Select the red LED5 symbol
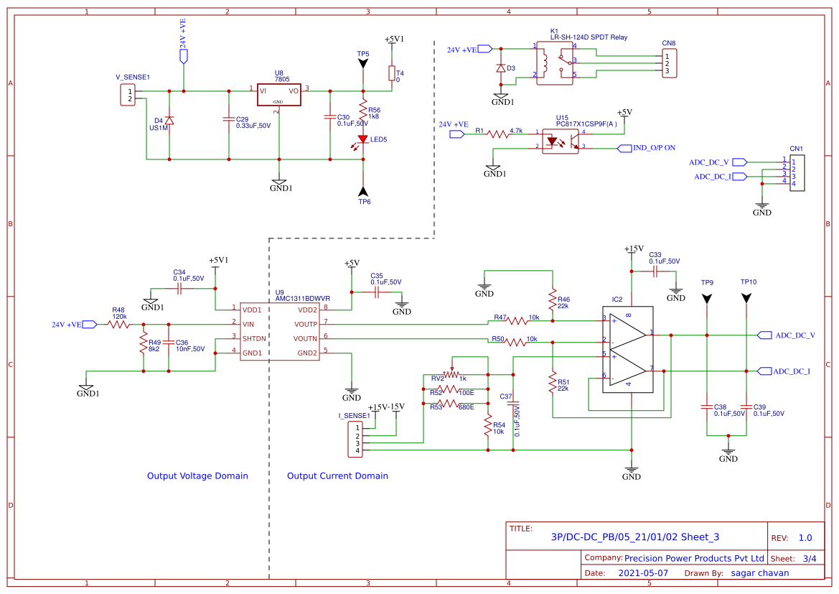tap(363, 139)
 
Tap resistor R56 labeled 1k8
tap(363, 113)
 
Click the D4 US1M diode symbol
tap(169, 120)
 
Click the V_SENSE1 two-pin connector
tap(128, 95)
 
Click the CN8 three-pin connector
tap(669, 63)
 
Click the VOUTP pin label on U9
tap(306, 324)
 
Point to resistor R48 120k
tap(119, 325)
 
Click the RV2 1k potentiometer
tap(451, 373)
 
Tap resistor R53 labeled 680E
tap(448, 404)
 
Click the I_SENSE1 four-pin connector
tap(357, 439)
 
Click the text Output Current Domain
tap(337, 475)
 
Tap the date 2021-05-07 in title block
tap(643, 573)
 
